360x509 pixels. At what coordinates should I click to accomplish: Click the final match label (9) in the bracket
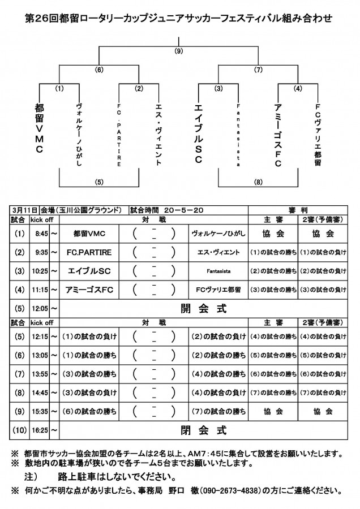(179, 51)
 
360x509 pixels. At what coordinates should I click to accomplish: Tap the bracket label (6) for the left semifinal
(99, 70)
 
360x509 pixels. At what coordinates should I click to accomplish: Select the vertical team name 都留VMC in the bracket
(39, 128)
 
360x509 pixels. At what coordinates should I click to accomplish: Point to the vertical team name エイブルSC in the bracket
(199, 133)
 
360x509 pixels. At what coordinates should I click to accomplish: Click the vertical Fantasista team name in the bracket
(238, 135)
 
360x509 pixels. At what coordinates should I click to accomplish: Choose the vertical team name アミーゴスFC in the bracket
(278, 135)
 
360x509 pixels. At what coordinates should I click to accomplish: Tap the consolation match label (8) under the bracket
(258, 182)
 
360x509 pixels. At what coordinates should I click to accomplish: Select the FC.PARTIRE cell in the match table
(89, 253)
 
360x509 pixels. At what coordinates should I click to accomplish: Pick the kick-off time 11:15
(40, 290)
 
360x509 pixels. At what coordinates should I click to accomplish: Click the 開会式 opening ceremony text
(204, 308)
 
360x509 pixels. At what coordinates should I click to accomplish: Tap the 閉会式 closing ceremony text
(204, 430)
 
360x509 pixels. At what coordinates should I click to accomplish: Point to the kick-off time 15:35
(40, 412)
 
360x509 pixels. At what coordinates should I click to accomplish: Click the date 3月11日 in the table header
(24, 210)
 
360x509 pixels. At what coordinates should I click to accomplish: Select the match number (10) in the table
(19, 430)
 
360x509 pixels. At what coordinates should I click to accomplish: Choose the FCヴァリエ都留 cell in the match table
(218, 290)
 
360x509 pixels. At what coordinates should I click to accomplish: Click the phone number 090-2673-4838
(231, 490)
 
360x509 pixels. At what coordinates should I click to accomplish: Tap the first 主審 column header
(273, 220)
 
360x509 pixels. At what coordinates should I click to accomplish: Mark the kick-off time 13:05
(40, 356)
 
